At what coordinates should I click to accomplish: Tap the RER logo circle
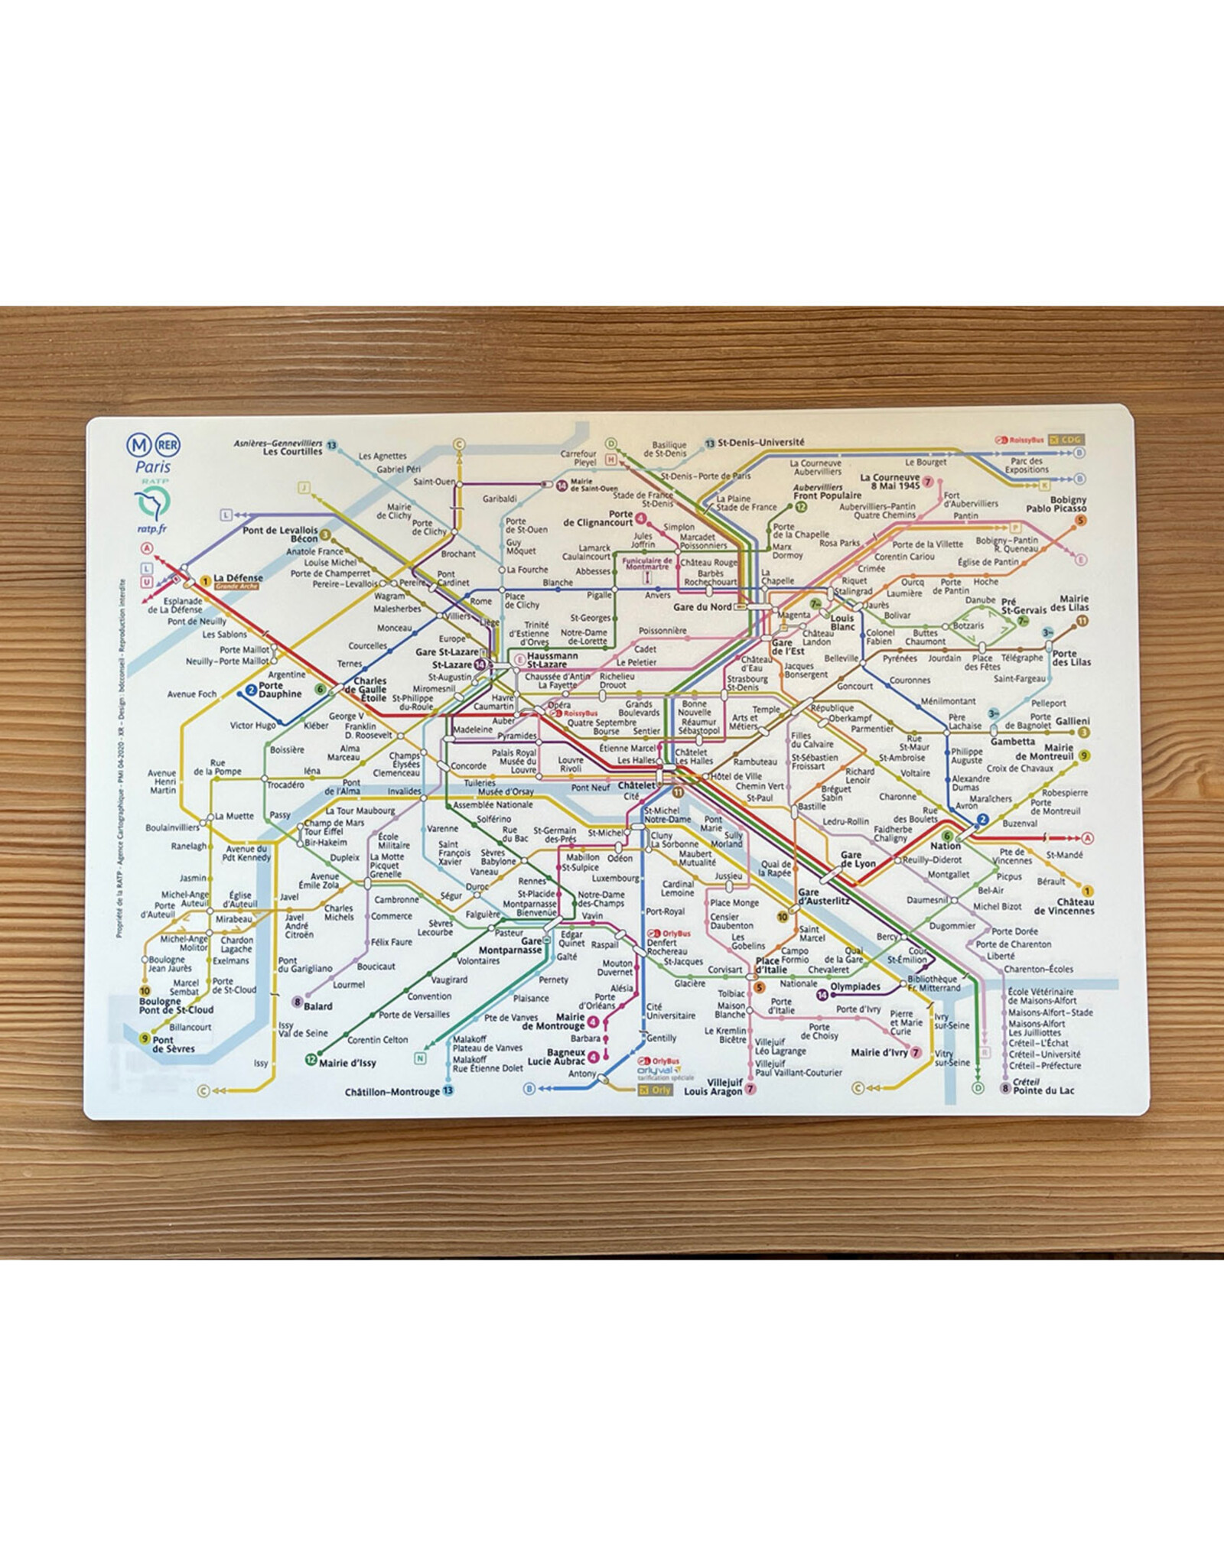point(168,444)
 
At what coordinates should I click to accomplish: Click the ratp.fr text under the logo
point(152,528)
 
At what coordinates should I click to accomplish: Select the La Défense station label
point(238,579)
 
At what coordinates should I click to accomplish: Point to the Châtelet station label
point(636,785)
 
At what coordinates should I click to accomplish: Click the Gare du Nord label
point(702,607)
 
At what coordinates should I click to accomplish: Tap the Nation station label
point(946,846)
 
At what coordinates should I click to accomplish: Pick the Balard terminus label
point(318,1006)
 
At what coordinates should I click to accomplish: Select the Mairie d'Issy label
point(347,1063)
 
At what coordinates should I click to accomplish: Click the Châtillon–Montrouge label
point(392,1092)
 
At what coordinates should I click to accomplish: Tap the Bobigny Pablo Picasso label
point(1056,504)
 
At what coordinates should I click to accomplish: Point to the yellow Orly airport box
point(655,1090)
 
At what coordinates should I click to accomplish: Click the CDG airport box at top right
point(1066,440)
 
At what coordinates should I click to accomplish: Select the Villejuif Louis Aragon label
point(713,1087)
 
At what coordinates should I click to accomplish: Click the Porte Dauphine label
point(280,690)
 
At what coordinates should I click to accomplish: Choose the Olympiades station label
point(855,986)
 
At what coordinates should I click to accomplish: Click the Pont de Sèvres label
point(174,1045)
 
